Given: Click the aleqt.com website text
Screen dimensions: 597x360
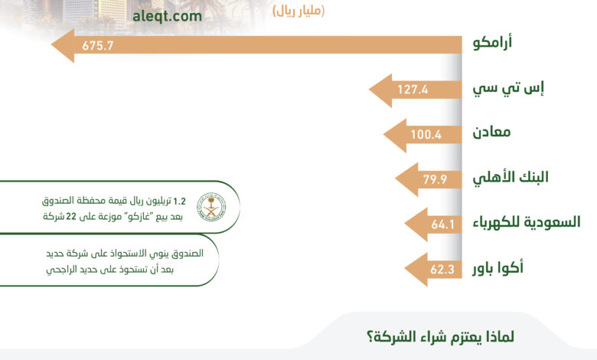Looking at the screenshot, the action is [167, 16].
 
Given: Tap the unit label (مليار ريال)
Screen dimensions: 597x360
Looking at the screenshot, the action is [298, 11].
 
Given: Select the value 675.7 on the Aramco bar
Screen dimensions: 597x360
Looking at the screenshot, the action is [98, 46].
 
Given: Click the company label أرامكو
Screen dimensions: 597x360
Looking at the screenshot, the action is [492, 41].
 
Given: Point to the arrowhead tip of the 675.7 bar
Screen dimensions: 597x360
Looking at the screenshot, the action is [51, 45].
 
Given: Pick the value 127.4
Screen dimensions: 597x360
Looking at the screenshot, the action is [413, 90].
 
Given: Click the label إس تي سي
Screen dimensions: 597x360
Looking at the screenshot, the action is [508, 88].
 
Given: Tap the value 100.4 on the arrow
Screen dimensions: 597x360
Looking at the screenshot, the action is [426, 135].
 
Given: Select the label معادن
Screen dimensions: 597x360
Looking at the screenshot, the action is [491, 133].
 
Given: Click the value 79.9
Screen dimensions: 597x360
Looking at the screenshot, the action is [435, 179].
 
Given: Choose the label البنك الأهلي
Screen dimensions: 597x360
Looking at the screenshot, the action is [511, 177].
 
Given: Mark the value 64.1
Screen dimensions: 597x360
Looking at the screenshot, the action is [443, 224].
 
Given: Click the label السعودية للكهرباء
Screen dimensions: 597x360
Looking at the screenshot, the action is [527, 221].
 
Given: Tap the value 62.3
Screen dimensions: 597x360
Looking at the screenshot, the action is [442, 270].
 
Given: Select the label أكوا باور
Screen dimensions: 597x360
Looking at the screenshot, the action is [498, 267].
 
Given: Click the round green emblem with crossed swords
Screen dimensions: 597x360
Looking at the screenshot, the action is [211, 207].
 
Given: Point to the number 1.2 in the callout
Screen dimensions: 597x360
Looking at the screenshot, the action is [179, 201].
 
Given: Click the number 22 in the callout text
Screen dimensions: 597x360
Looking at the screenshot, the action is [71, 217].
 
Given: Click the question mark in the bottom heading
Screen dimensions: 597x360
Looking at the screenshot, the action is [370, 338].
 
